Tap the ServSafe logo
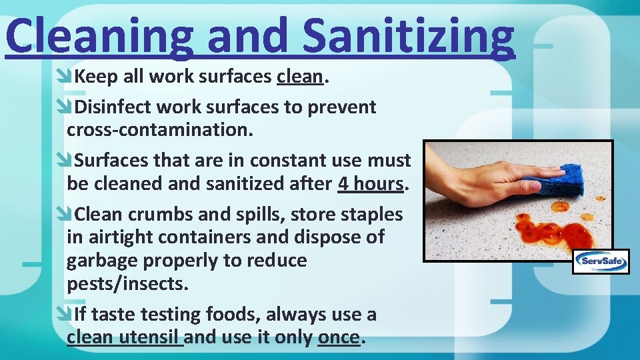[x=601, y=261]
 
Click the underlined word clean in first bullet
[x=300, y=77]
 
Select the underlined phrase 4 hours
[x=371, y=183]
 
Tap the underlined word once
[x=339, y=337]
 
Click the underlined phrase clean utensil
[x=125, y=337]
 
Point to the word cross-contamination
[x=159, y=129]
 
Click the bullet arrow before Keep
[x=65, y=77]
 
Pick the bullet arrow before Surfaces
[x=65, y=161]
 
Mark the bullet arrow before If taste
[x=65, y=314]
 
